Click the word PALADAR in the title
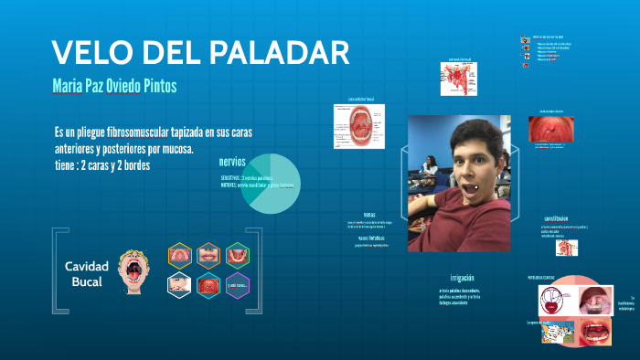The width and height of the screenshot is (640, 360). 273,52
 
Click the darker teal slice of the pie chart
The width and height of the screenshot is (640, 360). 251,192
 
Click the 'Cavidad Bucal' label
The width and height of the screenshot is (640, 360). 86,273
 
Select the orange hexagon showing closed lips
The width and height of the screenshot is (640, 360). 208,255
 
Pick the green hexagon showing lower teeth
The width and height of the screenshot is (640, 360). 238,255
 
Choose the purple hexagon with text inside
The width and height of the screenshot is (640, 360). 238,285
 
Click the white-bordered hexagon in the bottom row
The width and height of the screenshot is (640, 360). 179,285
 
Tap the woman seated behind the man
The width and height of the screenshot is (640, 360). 430,168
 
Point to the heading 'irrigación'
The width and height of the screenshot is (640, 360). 462,277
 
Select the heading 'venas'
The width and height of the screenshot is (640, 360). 369,215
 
